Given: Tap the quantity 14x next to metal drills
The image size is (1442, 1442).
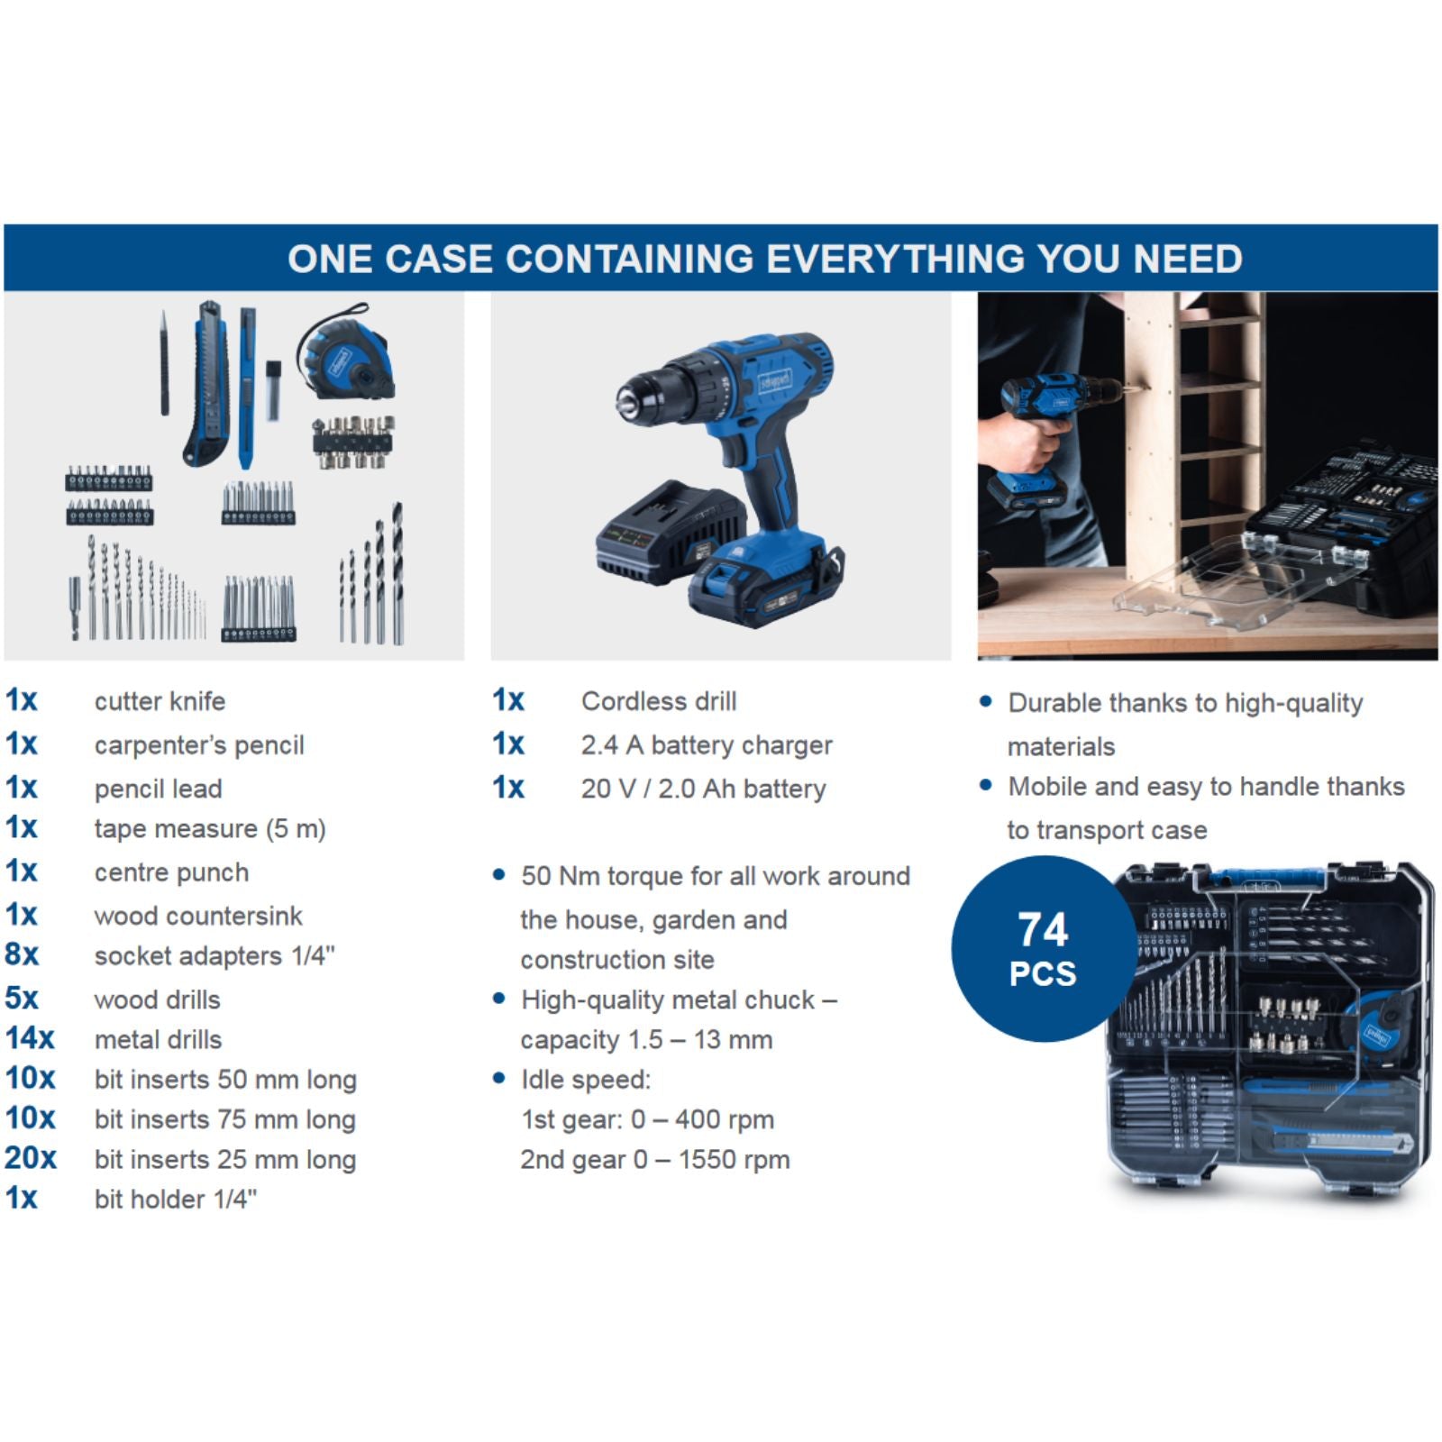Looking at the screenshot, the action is coord(30,1038).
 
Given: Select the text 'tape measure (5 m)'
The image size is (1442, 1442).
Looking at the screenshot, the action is coord(210,829).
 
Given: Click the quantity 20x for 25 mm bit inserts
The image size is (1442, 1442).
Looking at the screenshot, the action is coord(31,1158).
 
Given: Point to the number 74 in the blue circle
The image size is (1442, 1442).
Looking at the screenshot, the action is coord(1043,929).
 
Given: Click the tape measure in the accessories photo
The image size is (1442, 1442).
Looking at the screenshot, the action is coord(346,351).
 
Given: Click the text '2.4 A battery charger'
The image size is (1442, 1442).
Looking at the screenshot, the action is coord(707,745).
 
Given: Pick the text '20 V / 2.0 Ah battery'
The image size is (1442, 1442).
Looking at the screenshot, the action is coord(704,789).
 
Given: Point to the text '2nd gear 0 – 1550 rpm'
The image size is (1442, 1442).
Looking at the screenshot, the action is coord(655,1159).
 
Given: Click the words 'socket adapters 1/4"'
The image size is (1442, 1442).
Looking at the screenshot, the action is coord(214,955).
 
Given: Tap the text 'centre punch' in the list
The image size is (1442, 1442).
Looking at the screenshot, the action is coord(171,872).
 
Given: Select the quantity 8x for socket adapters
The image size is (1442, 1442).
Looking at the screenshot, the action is coord(22,954).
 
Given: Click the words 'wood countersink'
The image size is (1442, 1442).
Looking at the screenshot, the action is coord(198,916).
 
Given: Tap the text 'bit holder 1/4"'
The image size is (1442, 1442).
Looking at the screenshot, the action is coord(176,1199).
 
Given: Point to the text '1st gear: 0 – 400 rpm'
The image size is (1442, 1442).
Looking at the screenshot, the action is coord(648,1119).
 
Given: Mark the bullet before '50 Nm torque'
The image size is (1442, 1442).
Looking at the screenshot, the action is coord(499,875).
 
